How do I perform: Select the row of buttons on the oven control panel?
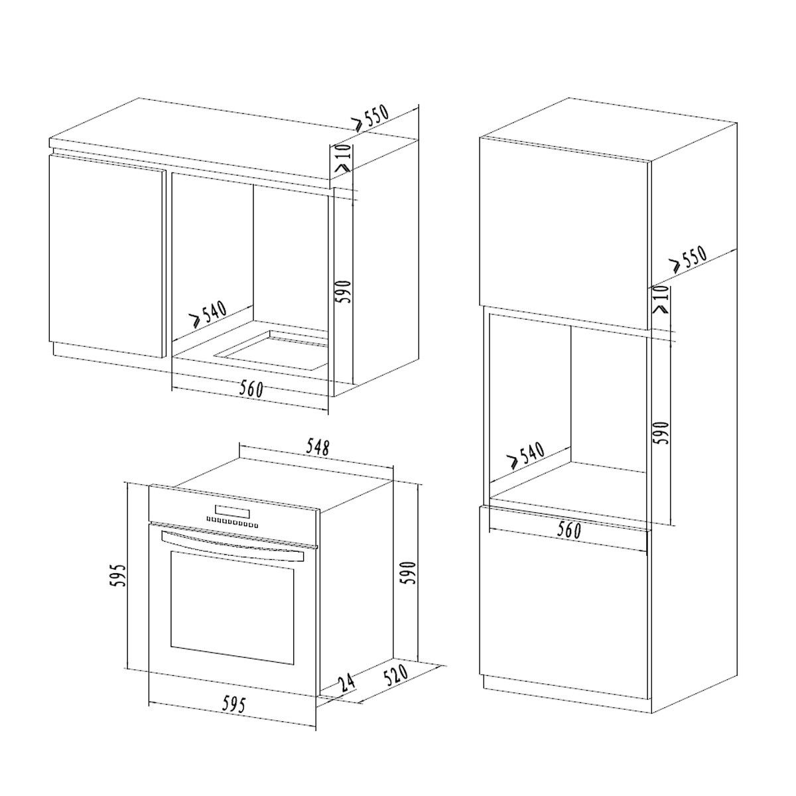click(232, 523)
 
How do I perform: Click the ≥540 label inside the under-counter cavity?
click(208, 314)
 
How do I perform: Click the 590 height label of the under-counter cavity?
click(344, 292)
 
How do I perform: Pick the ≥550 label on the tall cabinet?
click(689, 259)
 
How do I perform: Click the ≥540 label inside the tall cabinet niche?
click(526, 456)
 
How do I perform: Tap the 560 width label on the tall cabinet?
click(568, 530)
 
